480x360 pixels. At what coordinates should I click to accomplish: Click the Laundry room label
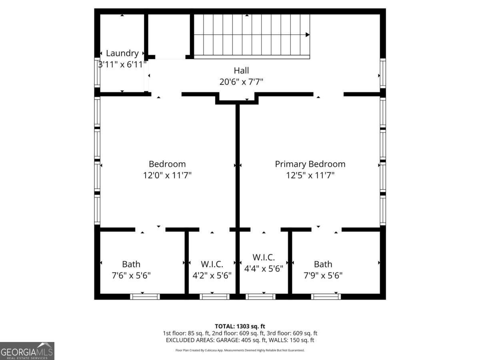122,53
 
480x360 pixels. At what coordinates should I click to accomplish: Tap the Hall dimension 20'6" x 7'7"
241,82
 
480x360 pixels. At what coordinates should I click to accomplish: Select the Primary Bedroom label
310,164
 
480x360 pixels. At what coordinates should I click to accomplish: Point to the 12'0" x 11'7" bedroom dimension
167,175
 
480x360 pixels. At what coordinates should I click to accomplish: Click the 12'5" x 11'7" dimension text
310,175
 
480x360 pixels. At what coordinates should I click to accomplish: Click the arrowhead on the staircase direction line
308,34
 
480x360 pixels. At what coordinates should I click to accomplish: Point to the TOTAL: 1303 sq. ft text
240,326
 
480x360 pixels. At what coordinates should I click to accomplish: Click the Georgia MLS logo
27,351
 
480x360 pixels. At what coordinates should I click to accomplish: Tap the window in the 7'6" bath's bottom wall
145,297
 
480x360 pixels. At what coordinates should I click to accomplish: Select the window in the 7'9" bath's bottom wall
326,297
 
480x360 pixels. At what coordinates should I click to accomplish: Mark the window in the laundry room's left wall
97,72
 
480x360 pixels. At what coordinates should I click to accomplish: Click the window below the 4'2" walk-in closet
214,297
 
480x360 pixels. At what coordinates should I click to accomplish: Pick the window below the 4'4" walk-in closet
260,297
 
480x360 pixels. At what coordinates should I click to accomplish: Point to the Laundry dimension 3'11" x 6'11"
122,65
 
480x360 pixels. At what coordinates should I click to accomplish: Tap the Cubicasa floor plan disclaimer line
240,350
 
